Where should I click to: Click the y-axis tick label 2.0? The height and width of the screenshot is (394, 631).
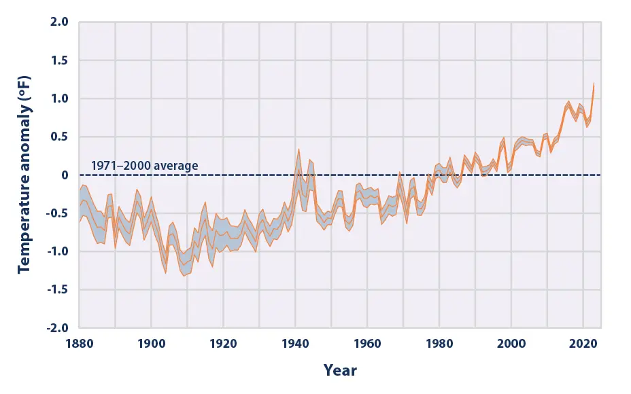point(60,22)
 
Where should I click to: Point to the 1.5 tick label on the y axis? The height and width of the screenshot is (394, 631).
point(60,60)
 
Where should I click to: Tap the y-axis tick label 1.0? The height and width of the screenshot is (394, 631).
point(60,98)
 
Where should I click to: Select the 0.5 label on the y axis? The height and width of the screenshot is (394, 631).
point(60,137)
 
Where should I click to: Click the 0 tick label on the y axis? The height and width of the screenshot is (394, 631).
point(65,175)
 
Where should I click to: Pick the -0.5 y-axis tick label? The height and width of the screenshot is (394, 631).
point(58,213)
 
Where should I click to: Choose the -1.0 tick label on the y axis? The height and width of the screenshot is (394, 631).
point(58,251)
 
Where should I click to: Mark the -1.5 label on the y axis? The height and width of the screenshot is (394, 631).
point(58,289)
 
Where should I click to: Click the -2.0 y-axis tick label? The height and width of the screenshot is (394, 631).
point(58,327)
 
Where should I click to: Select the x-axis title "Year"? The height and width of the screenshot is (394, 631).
point(340,371)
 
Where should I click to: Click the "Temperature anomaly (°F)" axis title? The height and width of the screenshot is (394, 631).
point(24,175)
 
